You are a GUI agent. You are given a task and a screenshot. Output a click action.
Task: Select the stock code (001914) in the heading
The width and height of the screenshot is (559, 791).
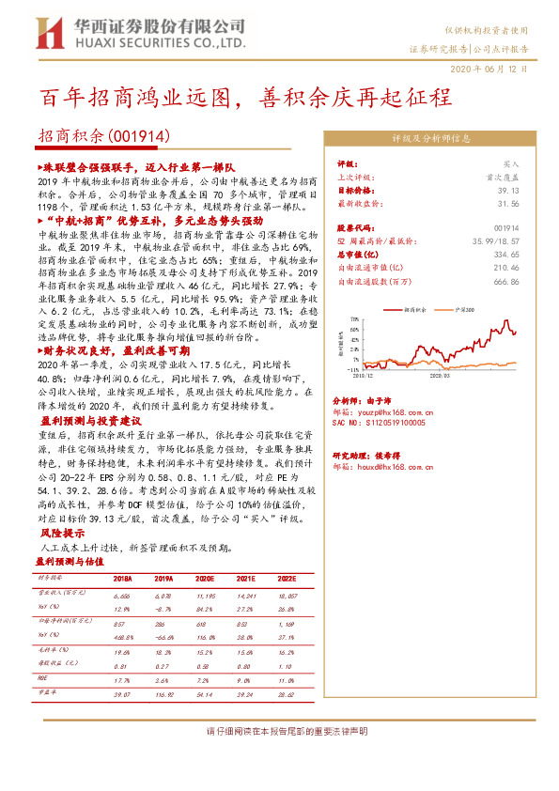141,135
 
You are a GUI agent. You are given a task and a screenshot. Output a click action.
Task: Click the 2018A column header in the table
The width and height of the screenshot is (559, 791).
123,580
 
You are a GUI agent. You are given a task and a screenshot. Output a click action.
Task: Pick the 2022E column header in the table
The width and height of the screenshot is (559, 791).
286,580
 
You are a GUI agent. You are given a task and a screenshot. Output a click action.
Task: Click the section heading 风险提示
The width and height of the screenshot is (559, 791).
55,533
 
